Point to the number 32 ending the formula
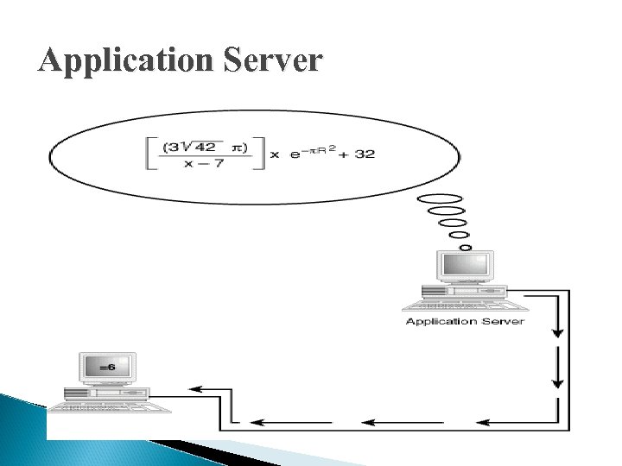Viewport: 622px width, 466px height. click(365, 154)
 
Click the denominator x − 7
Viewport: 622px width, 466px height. click(203, 164)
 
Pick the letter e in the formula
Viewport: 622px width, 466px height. click(295, 155)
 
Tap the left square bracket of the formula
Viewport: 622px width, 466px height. click(152, 154)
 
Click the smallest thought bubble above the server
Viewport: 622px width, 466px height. click(465, 248)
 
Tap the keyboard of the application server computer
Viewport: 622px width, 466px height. click(466, 305)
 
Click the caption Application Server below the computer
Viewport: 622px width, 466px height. click(465, 321)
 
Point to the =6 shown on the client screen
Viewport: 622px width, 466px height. click(107, 367)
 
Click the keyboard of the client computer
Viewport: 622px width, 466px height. click(108, 405)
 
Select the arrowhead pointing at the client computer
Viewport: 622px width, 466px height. click(196, 389)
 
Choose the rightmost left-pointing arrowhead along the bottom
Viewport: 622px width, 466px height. click(484, 422)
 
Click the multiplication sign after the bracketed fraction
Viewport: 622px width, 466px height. click(276, 155)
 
